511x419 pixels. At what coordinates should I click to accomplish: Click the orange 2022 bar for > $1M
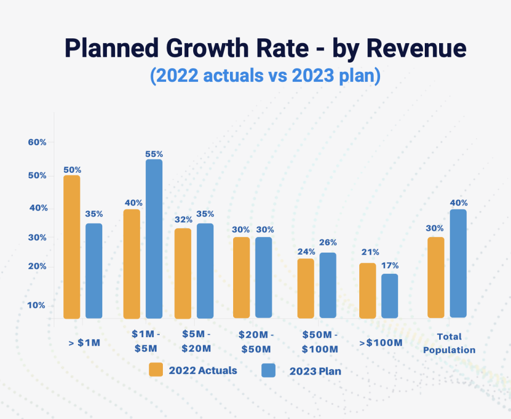coord(72,247)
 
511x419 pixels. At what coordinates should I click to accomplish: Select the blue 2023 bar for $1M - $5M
coord(154,239)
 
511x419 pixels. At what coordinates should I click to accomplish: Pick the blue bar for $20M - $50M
coord(263,277)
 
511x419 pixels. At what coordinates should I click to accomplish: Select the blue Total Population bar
coord(458,263)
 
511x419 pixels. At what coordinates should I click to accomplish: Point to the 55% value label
coord(154,154)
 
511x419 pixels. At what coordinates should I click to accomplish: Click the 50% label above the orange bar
coord(72,170)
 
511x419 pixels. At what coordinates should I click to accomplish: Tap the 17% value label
coord(390,265)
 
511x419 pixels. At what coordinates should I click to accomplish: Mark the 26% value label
coord(328,242)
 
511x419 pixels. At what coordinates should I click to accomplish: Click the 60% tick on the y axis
coord(37,143)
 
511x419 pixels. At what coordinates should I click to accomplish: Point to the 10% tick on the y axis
coord(37,305)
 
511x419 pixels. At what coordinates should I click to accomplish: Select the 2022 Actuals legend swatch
coord(156,370)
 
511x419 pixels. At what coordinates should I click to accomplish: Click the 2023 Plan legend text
coord(315,371)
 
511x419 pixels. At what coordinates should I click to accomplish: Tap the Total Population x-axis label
coord(449,343)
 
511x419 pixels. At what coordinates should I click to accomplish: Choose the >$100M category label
coord(381,343)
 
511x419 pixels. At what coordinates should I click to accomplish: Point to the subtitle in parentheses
coord(265,76)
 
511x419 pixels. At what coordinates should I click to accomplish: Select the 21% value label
coord(368,252)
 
